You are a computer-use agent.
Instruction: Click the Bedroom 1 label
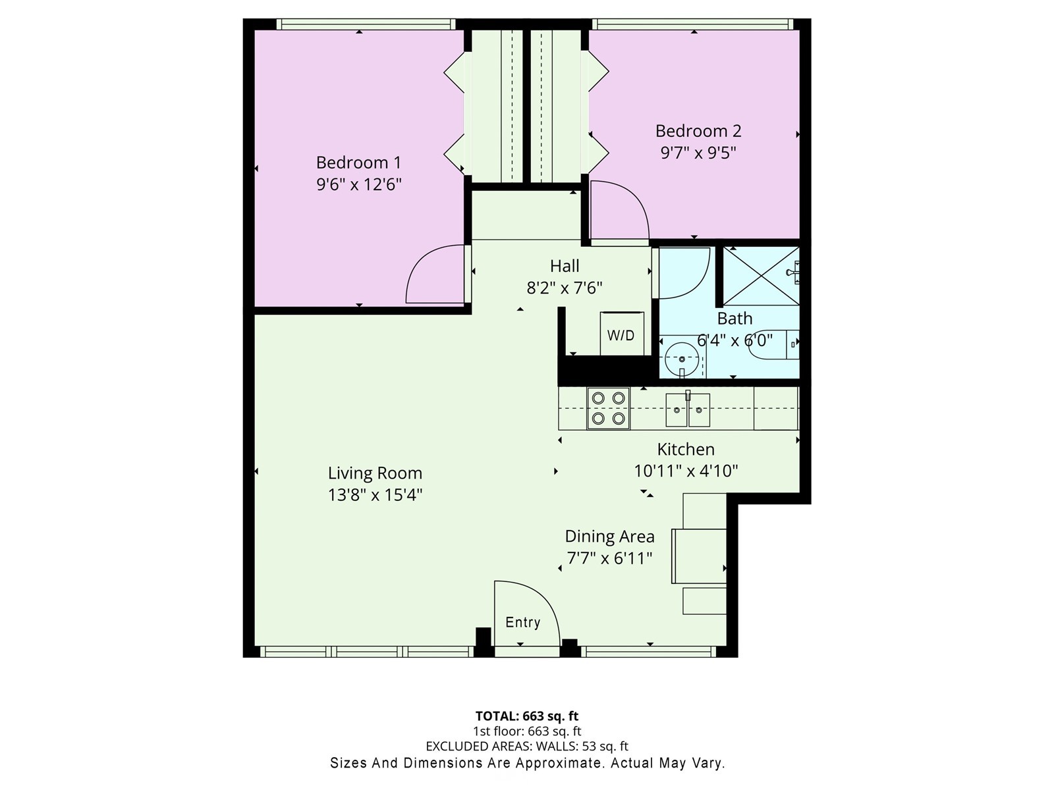pos(358,162)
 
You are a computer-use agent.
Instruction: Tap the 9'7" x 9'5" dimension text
pos(698,153)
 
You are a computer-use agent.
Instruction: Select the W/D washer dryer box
pos(621,334)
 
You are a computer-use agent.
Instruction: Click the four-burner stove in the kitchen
pos(608,408)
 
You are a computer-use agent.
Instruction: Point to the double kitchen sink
pos(688,409)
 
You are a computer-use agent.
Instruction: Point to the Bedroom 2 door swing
pos(617,211)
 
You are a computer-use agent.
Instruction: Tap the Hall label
pos(565,266)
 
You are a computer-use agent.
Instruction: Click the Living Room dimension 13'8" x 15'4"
pos(375,494)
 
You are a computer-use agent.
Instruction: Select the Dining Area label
pos(609,537)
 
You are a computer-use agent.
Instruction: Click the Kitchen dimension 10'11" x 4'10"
pos(686,471)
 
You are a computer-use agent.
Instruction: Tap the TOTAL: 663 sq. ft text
pos(527,716)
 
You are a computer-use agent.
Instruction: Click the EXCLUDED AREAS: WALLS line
pos(527,746)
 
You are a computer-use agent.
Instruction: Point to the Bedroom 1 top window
pos(366,24)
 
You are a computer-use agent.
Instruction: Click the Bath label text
pos(735,319)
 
